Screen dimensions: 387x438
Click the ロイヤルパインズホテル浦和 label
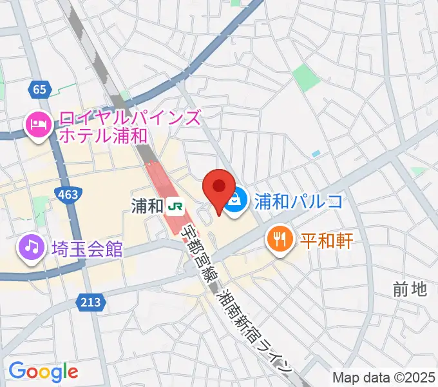129,126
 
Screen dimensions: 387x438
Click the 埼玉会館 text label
88,249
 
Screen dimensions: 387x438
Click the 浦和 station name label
147,206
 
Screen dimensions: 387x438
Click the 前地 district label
410,290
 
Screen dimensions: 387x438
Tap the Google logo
43,372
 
